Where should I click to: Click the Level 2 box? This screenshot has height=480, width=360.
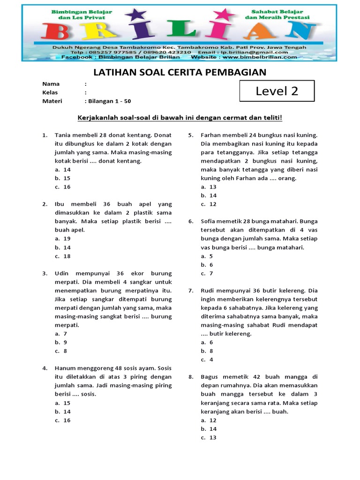click(277, 91)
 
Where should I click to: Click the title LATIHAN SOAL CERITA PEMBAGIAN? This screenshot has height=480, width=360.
click(180, 72)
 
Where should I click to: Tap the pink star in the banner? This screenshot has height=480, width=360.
click(227, 15)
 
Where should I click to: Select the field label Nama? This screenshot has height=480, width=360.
click(51, 84)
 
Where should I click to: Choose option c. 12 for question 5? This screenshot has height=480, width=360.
click(209, 204)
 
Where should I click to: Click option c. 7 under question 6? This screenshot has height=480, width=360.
click(207, 273)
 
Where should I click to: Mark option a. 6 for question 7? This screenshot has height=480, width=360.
click(207, 342)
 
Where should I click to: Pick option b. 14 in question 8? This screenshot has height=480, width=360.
click(209, 429)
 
